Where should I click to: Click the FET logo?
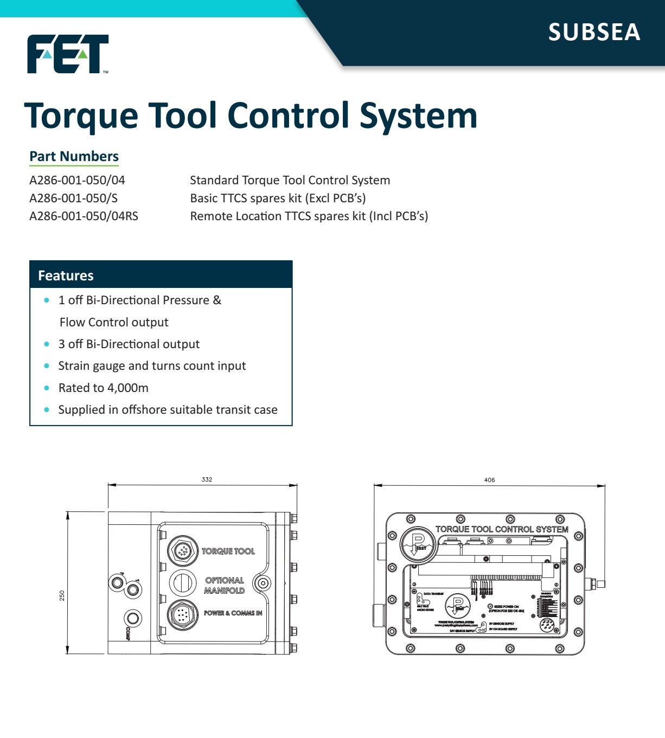[x=68, y=54]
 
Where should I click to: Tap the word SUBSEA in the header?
[x=594, y=32]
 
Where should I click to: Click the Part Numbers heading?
[x=74, y=156]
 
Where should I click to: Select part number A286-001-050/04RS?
[x=84, y=216]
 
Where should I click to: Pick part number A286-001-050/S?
[x=73, y=198]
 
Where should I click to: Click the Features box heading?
[x=66, y=275]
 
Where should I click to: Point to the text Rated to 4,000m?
[x=103, y=388]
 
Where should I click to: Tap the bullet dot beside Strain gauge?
[x=47, y=366]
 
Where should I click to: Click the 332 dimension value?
[x=207, y=479]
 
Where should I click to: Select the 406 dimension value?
[x=489, y=480]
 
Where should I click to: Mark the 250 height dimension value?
[x=62, y=595]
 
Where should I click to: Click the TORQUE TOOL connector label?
[x=228, y=551]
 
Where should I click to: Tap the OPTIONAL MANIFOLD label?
[x=225, y=585]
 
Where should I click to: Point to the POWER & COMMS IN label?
[x=233, y=613]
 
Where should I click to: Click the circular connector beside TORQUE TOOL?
[x=182, y=551]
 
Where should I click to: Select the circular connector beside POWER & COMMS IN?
[x=182, y=615]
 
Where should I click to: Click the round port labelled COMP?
[x=133, y=618]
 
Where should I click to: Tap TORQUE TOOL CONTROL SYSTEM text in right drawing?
[x=502, y=529]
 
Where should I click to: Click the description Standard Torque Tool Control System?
[x=290, y=180]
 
